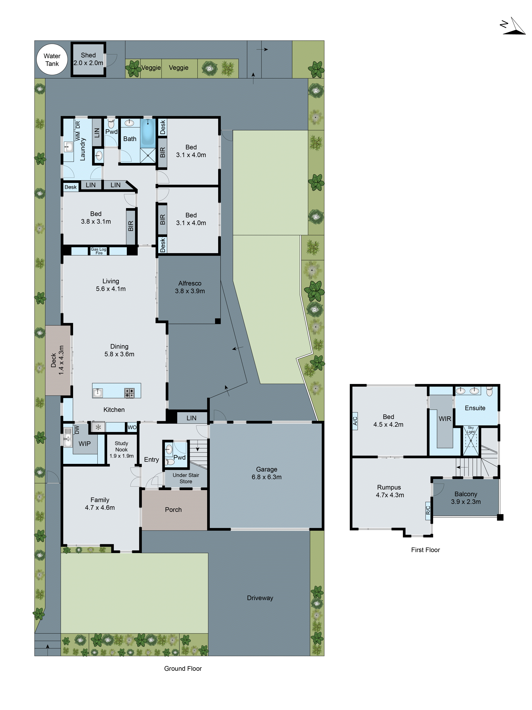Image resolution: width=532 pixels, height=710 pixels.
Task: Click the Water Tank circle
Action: [x=52, y=60]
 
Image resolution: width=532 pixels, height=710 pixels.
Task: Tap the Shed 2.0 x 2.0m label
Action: [x=88, y=59]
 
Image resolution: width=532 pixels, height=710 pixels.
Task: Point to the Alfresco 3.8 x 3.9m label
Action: [x=190, y=287]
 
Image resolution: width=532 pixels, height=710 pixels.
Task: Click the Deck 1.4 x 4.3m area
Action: [x=58, y=360]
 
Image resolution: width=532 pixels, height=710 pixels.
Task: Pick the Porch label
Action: [x=173, y=509]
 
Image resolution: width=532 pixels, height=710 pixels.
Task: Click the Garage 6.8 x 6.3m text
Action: [x=267, y=473]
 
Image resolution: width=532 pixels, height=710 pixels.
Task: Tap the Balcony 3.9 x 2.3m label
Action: [x=466, y=498]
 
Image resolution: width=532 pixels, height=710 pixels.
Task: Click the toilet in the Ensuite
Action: [x=489, y=391]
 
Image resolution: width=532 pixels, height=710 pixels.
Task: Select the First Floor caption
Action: [x=425, y=550]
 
